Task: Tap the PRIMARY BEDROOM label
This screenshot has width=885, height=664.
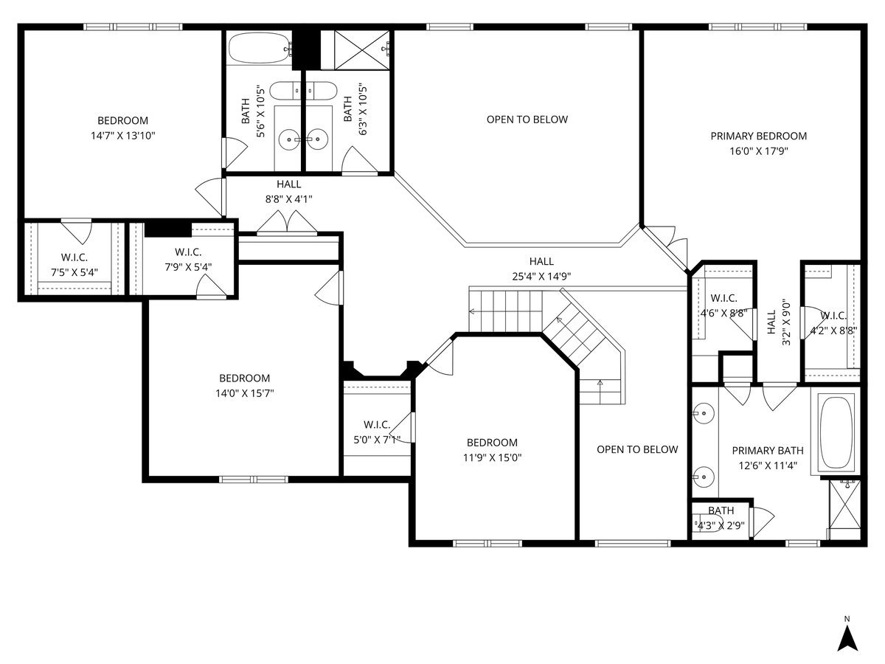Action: coord(758,136)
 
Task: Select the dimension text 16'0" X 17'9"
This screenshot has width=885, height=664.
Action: coord(758,151)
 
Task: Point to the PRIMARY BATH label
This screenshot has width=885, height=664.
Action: coord(767,450)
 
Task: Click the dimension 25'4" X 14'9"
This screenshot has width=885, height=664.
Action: coord(541,276)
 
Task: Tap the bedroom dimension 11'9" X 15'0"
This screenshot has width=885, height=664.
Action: coord(492,457)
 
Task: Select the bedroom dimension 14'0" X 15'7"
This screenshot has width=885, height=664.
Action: coord(244,393)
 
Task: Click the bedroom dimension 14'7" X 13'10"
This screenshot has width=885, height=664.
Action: coord(122,136)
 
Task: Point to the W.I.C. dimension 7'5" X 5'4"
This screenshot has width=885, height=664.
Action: coord(74,272)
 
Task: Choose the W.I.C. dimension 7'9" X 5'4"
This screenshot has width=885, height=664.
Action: coord(188,267)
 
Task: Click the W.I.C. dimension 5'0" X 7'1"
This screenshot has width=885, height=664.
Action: coord(377,440)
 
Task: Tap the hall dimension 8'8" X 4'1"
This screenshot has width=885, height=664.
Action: coord(288,199)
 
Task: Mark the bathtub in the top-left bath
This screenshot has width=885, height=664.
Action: coord(260,48)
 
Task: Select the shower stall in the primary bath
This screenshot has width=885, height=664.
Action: coord(844,510)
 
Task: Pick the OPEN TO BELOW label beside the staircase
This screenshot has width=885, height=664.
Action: coord(637,449)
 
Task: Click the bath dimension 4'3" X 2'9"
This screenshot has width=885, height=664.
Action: coord(721,525)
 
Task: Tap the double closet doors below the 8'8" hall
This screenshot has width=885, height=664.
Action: coord(287,222)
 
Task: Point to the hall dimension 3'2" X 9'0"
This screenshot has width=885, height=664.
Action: coord(786,322)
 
